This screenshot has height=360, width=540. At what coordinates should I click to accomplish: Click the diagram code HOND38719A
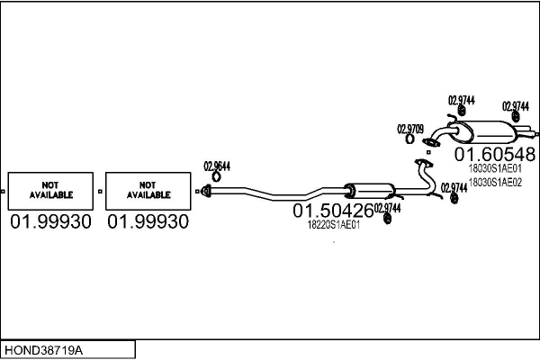(x=44, y=350)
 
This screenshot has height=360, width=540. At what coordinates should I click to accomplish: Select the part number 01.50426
(x=333, y=211)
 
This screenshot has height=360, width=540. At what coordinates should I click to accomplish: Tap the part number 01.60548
(x=494, y=154)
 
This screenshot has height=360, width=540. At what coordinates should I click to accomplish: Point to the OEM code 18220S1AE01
(x=333, y=225)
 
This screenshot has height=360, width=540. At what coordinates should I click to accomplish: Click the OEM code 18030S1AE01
(x=495, y=168)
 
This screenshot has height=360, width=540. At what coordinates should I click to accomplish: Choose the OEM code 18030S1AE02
(x=495, y=182)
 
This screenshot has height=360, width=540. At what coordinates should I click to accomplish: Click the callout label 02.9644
(x=217, y=166)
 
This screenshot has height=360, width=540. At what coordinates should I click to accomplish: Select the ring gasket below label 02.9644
(x=216, y=177)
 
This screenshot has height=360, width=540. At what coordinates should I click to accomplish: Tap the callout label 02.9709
(x=410, y=130)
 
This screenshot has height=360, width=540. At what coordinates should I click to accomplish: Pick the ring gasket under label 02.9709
(x=409, y=139)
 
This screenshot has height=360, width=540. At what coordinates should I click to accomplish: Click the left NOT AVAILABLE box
(x=50, y=191)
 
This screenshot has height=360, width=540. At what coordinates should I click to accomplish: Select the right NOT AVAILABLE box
(x=148, y=191)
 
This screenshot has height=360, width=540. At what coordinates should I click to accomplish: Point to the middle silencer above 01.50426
(x=370, y=191)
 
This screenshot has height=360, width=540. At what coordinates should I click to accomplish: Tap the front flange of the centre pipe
(x=206, y=191)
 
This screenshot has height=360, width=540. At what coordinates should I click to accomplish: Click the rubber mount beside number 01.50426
(x=387, y=219)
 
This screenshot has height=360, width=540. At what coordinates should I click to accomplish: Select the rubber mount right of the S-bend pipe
(x=454, y=198)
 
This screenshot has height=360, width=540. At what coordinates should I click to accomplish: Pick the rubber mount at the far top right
(x=516, y=116)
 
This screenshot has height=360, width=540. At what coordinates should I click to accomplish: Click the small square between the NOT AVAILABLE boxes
(x=100, y=191)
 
